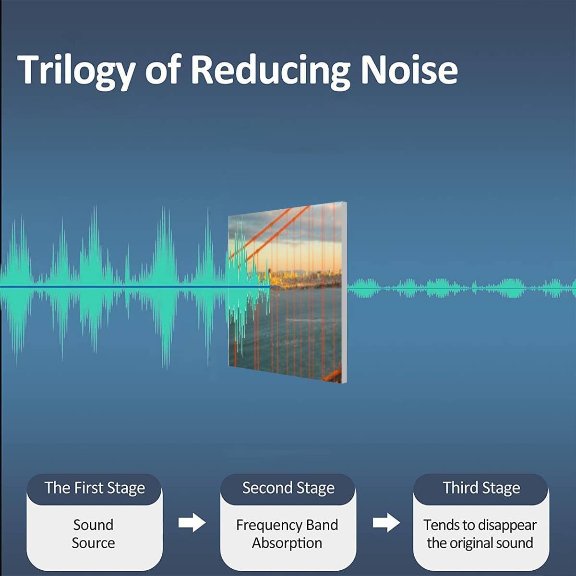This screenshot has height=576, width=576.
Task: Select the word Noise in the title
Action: pos(409,70)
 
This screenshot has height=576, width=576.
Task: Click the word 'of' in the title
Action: pos(163,70)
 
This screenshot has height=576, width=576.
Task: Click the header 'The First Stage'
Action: pos(95,488)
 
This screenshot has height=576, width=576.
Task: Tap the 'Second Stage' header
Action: pos(288,488)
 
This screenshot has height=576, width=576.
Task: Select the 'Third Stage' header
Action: pos(481,488)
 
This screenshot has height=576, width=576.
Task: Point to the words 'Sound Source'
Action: pos(93,534)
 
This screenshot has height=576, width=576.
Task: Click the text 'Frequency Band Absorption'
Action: pos(287,534)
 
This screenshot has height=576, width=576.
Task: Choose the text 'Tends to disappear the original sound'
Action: pos(480,534)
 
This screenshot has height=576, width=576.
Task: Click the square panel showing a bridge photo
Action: pos(287,293)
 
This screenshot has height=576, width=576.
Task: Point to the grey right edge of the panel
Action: pos(344,293)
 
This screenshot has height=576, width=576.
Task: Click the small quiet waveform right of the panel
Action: pos(462,288)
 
